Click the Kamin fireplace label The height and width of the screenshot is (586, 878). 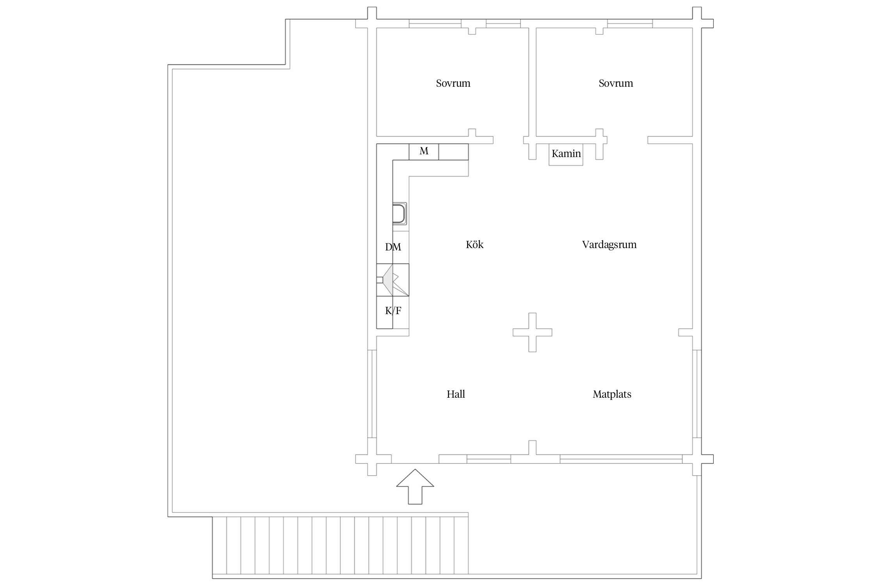(566, 154)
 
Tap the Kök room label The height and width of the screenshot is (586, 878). (475, 245)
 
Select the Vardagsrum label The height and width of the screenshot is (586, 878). (609, 245)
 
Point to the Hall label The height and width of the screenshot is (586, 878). (456, 394)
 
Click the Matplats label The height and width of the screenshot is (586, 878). (612, 395)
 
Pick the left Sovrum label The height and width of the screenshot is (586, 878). (453, 83)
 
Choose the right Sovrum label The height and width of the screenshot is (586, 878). (616, 83)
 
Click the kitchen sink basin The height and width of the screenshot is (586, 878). (400, 213)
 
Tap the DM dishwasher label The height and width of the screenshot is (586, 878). (393, 247)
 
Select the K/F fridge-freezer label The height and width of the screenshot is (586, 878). (393, 311)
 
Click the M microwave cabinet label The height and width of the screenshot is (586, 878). (424, 151)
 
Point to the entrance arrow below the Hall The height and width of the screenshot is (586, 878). (415, 486)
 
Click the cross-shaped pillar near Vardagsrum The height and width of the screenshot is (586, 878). (532, 332)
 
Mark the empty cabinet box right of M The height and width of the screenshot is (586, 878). (453, 152)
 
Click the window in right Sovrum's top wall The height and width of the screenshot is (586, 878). (630, 23)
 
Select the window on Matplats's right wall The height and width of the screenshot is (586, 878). (697, 393)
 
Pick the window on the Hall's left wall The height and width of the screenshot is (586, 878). (372, 393)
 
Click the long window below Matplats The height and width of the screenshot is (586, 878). (621, 459)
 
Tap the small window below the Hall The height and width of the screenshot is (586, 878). (489, 459)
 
